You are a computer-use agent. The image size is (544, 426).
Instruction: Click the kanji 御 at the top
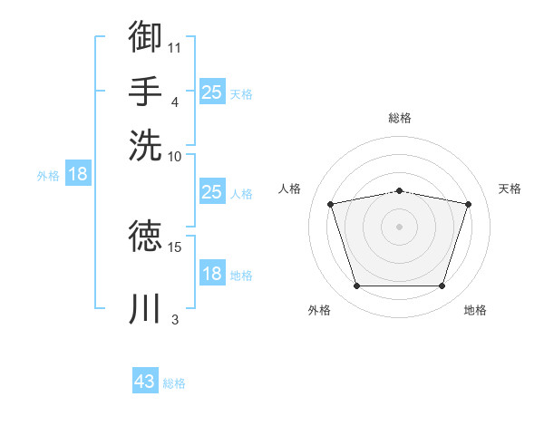coord(146,36)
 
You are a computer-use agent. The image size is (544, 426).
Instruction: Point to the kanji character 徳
coord(146,237)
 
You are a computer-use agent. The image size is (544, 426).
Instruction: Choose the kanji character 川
coord(146,308)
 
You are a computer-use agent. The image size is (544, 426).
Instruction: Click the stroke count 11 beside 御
coord(175,47)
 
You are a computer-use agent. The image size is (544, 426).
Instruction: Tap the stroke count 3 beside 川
coord(175,319)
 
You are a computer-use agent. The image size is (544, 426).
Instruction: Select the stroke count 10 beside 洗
coord(175,155)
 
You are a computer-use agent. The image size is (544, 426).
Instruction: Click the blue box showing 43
coord(145,382)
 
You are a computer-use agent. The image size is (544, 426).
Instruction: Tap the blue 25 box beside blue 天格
coord(211,92)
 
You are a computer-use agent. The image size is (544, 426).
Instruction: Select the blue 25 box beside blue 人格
coord(211,192)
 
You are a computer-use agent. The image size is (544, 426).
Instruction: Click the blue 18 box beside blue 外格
coord(78,174)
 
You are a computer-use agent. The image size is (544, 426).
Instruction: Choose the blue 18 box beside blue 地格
coord(211,274)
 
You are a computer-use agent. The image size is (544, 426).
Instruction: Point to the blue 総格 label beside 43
coord(174,383)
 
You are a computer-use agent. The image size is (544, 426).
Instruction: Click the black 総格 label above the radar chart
coord(400,118)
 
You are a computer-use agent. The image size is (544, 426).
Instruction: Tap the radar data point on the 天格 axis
coord(468,204)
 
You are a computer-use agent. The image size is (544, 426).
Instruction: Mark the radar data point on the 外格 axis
coord(356,286)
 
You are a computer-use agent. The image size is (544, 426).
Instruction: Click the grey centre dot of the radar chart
coord(399,226)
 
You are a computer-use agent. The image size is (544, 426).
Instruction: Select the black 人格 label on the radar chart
coord(290,189)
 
